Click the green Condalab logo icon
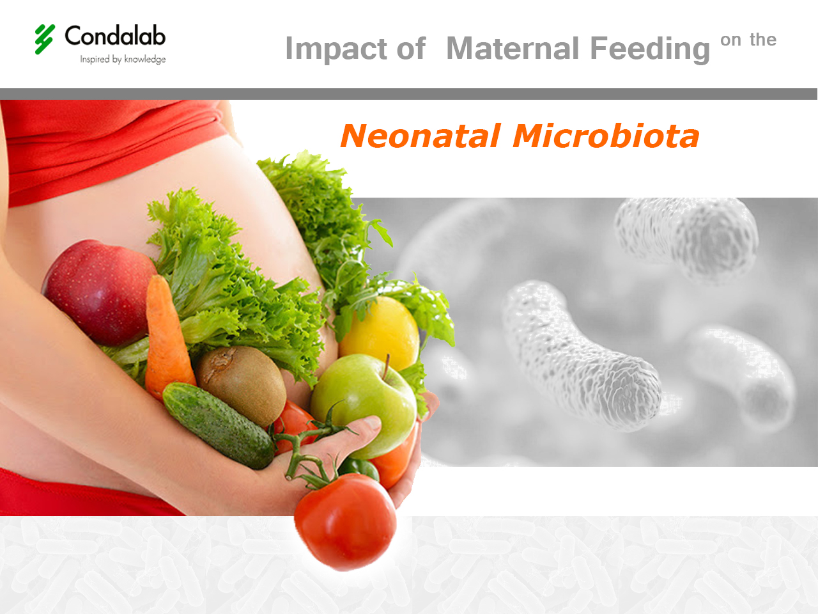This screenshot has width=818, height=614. click(45, 39)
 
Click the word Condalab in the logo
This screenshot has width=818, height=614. click(115, 36)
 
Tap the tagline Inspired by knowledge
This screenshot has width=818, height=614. click(123, 59)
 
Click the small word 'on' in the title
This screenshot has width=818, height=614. click(730, 40)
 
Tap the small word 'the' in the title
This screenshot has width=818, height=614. click(763, 40)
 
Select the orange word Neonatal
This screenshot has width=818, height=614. click(420, 136)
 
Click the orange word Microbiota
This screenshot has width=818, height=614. click(606, 136)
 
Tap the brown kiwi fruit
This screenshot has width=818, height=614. click(242, 384)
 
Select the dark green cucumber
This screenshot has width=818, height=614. click(217, 425)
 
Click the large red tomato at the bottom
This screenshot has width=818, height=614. click(345, 521)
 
